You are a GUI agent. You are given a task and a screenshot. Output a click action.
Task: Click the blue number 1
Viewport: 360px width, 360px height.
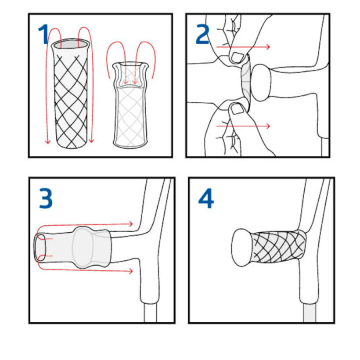point(43,34)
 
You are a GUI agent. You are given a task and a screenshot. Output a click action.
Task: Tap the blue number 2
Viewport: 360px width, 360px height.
point(202,34)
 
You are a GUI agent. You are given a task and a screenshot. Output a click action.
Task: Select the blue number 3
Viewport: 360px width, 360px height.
point(46,198)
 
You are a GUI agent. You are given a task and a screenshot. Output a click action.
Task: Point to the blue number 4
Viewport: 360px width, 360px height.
point(206,198)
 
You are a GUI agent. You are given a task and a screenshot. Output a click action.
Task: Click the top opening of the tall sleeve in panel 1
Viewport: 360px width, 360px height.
point(71,43)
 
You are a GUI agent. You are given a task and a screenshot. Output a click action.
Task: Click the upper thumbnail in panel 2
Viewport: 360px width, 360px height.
point(238,57)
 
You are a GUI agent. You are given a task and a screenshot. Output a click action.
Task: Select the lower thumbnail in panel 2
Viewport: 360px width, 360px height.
point(237,109)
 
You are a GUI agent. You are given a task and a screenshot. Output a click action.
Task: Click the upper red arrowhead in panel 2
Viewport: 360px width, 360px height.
point(268,47)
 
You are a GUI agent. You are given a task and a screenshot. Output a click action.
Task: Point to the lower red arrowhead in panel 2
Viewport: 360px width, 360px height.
point(268,126)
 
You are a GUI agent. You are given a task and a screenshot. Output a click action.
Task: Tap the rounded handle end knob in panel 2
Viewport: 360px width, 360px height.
point(261,83)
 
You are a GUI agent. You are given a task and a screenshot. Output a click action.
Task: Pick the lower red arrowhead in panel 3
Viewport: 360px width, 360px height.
point(131,271)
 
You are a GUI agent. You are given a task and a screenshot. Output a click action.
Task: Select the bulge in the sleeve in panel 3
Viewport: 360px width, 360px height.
point(83,247)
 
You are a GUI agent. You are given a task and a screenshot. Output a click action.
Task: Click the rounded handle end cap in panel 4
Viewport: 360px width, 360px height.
point(241,248)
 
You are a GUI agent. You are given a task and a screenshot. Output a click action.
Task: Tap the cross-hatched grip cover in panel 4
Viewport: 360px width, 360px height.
point(278,247)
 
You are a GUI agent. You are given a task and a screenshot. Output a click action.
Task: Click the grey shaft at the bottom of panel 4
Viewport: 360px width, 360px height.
point(310,313)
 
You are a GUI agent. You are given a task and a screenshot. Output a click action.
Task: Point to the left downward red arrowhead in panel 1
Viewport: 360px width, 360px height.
point(47,140)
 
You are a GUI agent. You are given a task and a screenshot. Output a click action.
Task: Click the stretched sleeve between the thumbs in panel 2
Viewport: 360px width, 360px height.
point(246,83)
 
